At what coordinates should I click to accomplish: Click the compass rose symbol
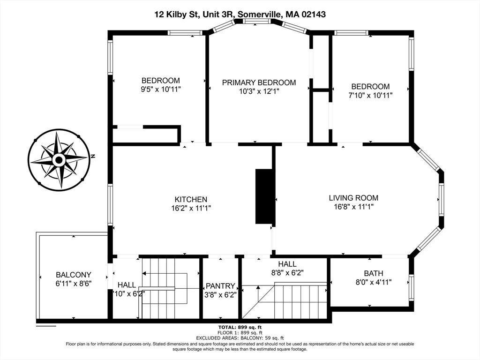point(59,160)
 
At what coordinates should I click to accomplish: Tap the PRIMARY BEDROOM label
point(259,82)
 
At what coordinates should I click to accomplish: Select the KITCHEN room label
point(191,199)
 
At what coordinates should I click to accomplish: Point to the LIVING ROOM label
point(353,198)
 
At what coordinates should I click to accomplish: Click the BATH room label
point(373,273)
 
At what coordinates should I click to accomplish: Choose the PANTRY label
point(220,286)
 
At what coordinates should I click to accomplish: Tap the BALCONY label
point(73,275)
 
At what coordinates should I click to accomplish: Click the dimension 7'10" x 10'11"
point(370,95)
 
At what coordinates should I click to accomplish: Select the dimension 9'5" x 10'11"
point(161,89)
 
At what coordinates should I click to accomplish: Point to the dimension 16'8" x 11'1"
point(353,206)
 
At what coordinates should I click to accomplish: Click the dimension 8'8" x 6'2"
point(287,272)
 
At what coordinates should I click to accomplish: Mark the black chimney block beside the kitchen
point(264,196)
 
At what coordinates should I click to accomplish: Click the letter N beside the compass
point(93,156)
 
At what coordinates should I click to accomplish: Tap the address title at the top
point(240,15)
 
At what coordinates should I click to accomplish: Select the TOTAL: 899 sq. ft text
point(240,327)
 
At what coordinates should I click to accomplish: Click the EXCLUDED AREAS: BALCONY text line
point(240,338)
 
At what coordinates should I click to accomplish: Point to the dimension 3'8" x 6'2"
point(220,295)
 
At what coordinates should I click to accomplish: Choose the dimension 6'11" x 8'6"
point(73,283)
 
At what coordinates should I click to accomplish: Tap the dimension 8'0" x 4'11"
point(373,282)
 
